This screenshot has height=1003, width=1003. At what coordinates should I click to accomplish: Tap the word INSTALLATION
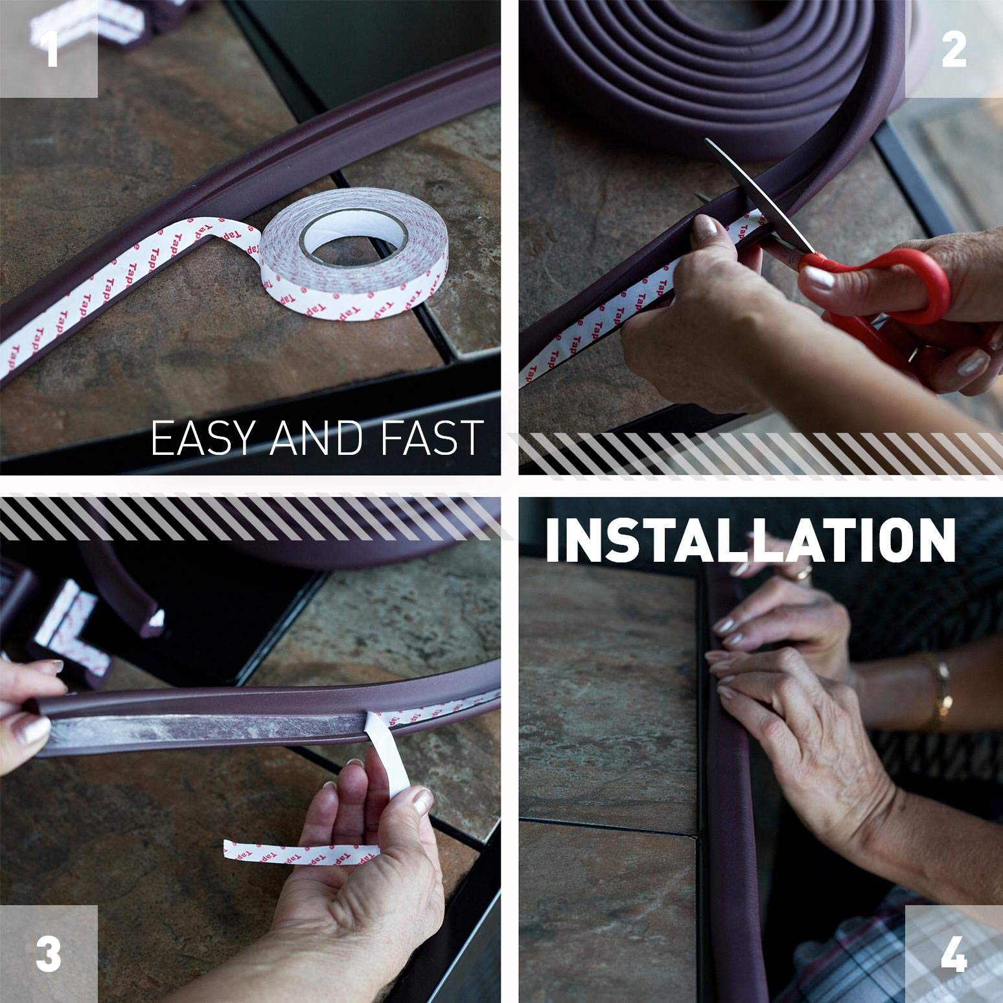[750, 538]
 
